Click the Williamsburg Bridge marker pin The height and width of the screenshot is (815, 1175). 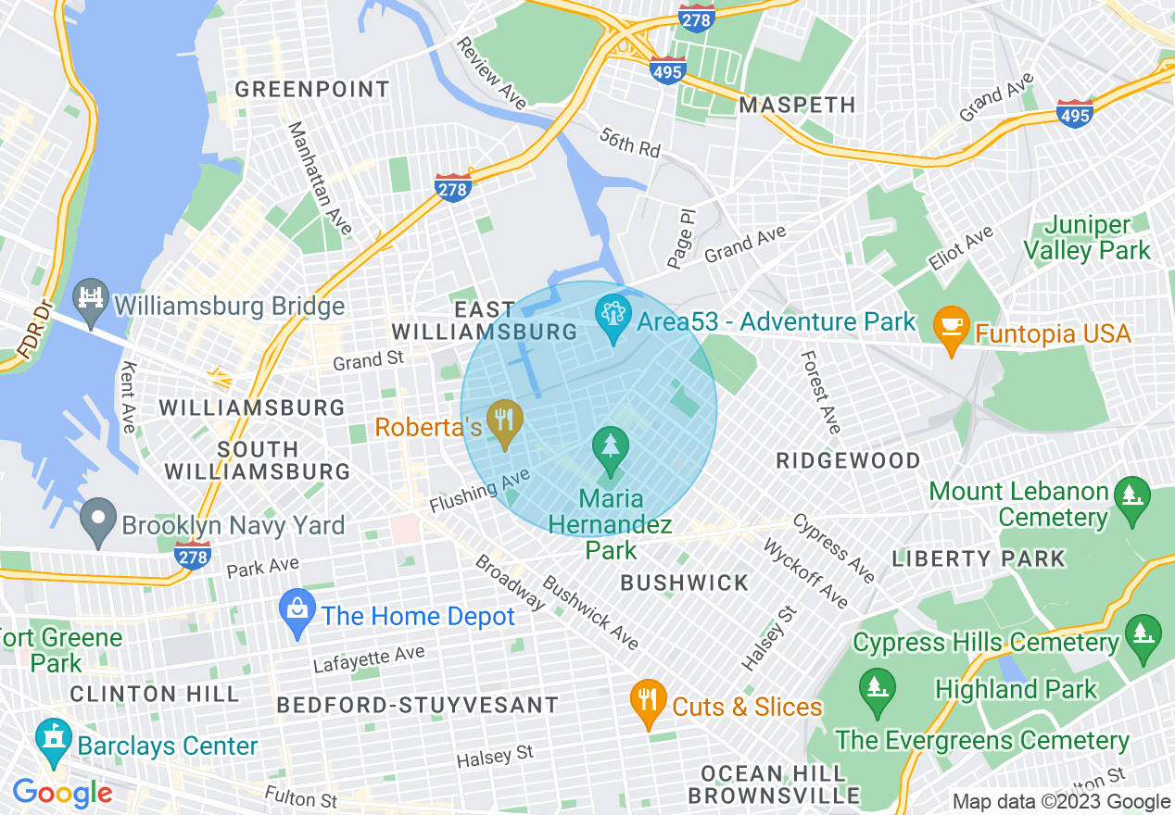tap(91, 302)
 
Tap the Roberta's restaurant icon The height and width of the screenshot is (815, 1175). tap(505, 422)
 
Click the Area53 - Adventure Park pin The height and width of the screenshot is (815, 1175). tap(613, 319)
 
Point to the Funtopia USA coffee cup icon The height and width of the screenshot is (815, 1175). tap(952, 329)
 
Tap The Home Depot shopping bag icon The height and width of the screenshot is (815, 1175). tap(298, 613)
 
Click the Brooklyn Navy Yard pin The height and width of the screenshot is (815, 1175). tap(98, 522)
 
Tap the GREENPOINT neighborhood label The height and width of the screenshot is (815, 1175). tap(311, 90)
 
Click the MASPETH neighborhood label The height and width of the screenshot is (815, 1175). tap(797, 105)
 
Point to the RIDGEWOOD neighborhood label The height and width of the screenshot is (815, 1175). tap(848, 460)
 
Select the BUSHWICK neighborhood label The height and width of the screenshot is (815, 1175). tap(684, 583)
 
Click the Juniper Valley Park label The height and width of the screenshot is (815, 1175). tap(1097, 238)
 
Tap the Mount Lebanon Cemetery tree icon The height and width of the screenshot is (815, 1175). tap(1131, 492)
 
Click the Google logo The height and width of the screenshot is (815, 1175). tap(62, 793)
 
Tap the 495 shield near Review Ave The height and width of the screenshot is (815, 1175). tap(668, 70)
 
